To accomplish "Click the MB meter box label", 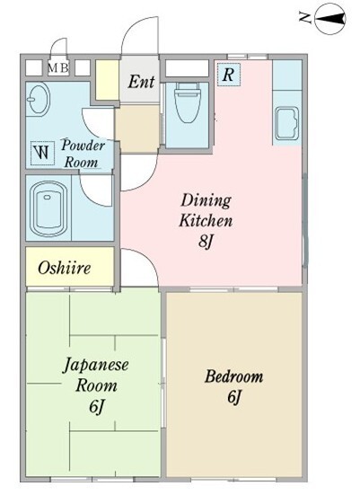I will (58, 67).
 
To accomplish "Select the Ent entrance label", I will (141, 82).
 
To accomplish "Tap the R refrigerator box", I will (229, 75).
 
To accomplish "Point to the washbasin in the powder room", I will (39, 100).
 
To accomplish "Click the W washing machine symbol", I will (42, 153).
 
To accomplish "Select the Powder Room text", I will (83, 154).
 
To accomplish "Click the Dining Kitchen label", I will (207, 209).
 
